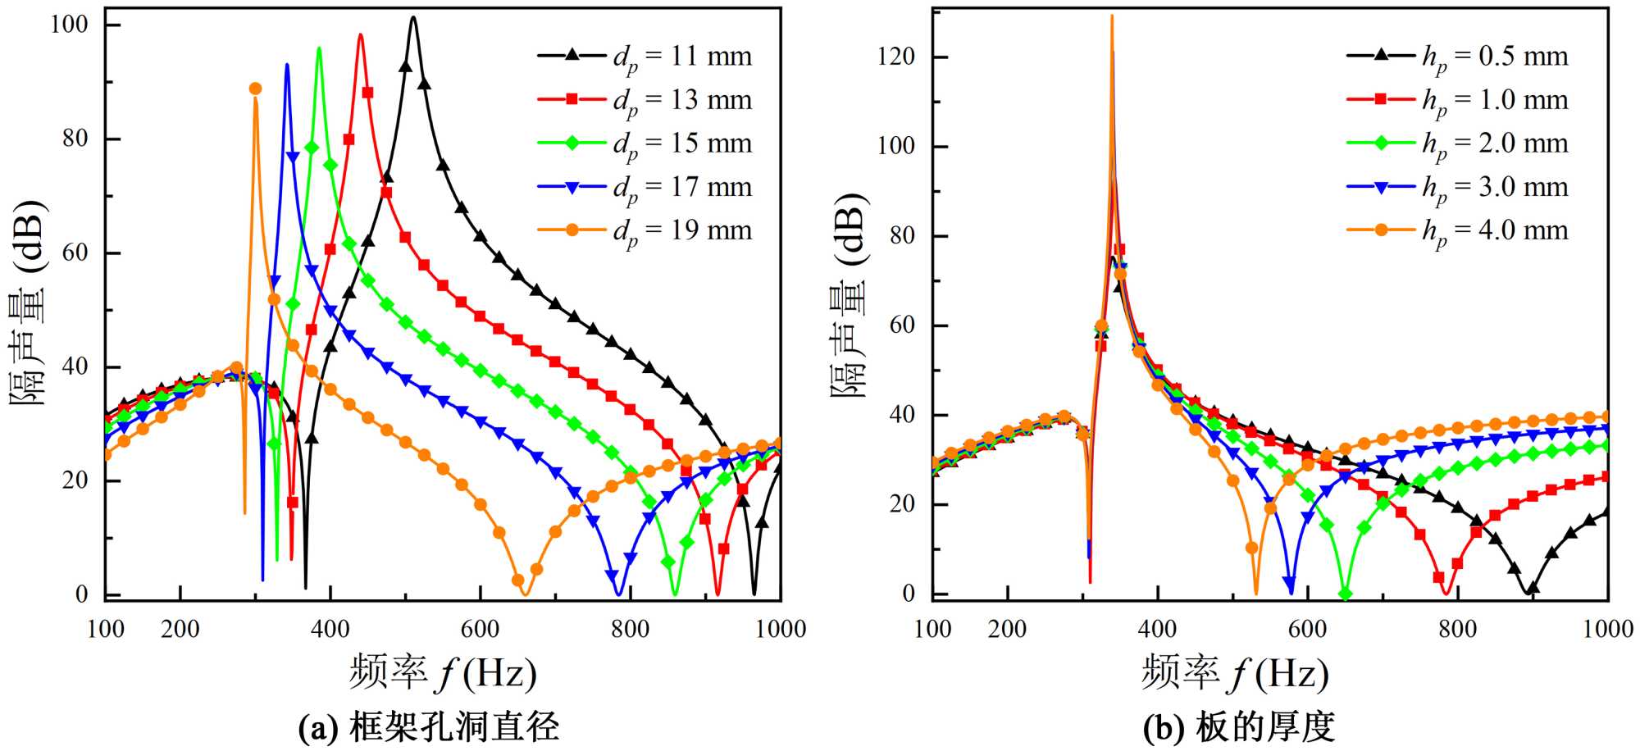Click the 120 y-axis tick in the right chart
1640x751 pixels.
coord(895,57)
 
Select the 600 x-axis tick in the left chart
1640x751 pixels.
coord(480,629)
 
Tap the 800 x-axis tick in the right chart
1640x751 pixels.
coord(1457,629)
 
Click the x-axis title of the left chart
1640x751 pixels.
coord(443,672)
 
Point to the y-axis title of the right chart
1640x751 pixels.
coord(849,295)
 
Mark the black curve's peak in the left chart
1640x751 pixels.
coord(413,17)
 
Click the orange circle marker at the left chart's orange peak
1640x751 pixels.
coord(255,89)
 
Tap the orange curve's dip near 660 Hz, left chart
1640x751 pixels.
coord(525,594)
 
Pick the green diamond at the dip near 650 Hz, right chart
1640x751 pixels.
coord(1345,594)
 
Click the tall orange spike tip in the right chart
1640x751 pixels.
coord(1112,16)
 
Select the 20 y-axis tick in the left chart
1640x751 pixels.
coord(75,480)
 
